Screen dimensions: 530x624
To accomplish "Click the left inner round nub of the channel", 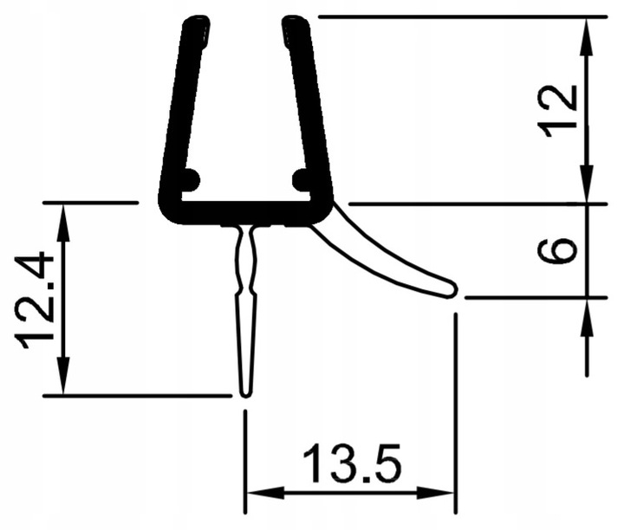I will (190, 180).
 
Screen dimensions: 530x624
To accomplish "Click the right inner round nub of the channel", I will (301, 180).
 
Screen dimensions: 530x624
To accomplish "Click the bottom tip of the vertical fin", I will (245, 391).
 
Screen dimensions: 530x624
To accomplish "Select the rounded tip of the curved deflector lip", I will (451, 288).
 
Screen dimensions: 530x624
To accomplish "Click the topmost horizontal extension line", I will (459, 16).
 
